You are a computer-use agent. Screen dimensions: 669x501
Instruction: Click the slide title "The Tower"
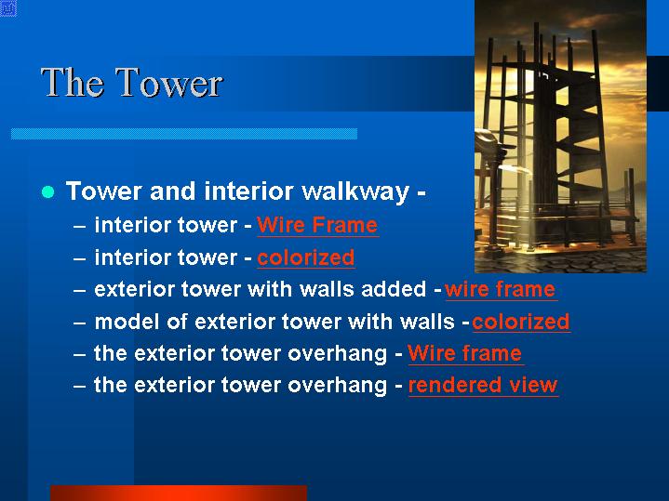[x=132, y=83]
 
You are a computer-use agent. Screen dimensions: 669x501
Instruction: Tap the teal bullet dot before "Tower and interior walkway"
[x=48, y=191]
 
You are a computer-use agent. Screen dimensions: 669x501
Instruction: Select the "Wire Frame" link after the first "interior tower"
[x=317, y=225]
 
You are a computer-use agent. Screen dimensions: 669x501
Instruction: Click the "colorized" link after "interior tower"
[x=306, y=257]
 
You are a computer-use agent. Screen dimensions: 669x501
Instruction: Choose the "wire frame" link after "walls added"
[x=501, y=289]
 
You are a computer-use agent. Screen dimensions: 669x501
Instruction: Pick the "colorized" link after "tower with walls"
[x=521, y=322]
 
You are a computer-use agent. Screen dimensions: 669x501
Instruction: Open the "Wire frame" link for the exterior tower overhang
[x=465, y=353]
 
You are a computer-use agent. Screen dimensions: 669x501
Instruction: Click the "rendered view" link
[x=483, y=385]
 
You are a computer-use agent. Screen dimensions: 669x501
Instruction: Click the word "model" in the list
[x=127, y=322]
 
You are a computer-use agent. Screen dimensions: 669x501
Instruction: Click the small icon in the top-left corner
[x=8, y=8]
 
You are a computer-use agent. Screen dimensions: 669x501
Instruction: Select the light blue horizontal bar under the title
[x=184, y=134]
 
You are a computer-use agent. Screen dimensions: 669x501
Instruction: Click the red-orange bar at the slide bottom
[x=179, y=493]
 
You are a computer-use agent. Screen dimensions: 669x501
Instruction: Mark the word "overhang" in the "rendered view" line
[x=337, y=386]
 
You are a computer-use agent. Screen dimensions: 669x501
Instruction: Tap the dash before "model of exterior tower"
[x=80, y=323]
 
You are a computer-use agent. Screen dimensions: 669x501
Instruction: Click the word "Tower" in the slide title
[x=169, y=83]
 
